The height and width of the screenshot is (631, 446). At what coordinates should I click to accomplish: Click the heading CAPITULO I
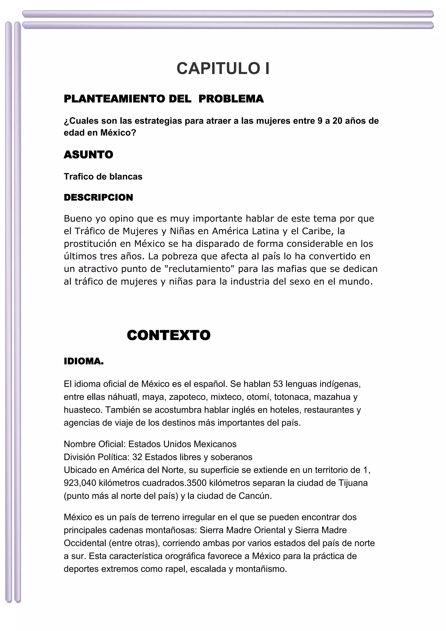pos(223,68)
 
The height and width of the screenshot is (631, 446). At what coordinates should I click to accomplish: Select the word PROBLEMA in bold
pos(231,99)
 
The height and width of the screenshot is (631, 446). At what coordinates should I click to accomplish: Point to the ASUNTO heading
pos(88,155)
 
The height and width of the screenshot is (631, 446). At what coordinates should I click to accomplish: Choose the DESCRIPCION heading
pos(98,197)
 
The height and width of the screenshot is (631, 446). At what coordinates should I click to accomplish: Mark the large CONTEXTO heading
pos(169,335)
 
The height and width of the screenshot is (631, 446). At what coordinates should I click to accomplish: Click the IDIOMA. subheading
pos(84,361)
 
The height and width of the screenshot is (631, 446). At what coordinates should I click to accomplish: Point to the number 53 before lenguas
pos(278,384)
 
